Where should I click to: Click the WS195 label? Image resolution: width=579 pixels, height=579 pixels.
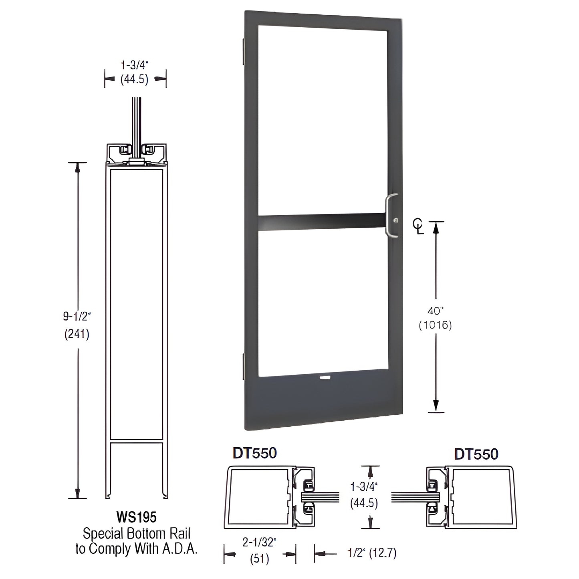click(136, 517)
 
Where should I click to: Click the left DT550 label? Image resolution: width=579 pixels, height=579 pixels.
click(255, 453)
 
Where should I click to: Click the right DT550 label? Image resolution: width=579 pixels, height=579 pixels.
click(476, 454)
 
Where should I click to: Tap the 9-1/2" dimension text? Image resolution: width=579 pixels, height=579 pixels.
click(77, 317)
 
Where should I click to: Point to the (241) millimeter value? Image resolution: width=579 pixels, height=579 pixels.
click(77, 333)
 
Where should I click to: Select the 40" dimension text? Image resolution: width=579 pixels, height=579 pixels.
click(435, 310)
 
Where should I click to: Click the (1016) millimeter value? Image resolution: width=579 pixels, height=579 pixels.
click(435, 325)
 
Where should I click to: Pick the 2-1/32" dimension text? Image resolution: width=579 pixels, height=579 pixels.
click(260, 543)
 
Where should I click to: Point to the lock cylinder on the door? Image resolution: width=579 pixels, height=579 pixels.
click(396, 220)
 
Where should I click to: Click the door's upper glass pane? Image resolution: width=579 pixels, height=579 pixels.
click(322, 120)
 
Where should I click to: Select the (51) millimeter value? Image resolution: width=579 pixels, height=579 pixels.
click(260, 559)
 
